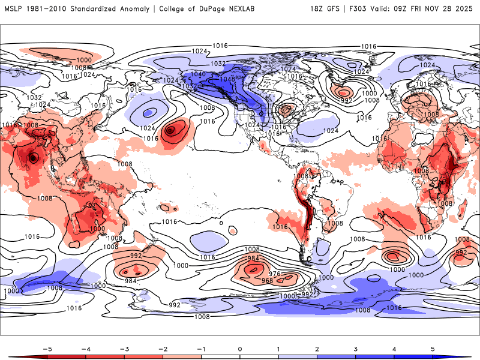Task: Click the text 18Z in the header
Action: (x=317, y=9)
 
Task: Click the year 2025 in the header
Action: (x=464, y=9)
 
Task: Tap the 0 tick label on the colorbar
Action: (x=239, y=348)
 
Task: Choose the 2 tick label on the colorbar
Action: (x=317, y=348)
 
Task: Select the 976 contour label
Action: (x=275, y=274)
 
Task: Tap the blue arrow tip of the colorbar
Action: (x=467, y=357)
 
